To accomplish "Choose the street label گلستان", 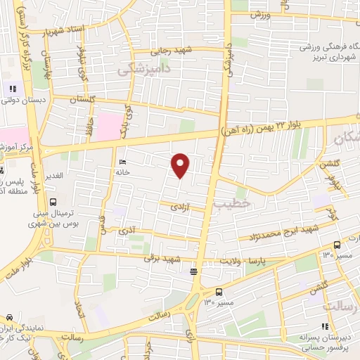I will coord(83,101).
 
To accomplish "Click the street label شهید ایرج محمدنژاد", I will coord(282,234).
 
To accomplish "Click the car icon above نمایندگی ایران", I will coord(10,319).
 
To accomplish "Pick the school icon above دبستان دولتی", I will coord(12,89).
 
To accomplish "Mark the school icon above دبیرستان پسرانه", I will coord(325,326).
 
